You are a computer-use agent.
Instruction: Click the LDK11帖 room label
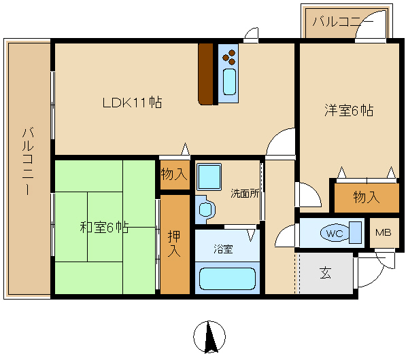[132, 103]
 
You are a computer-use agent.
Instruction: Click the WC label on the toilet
[334, 233]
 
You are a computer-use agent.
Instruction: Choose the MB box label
[384, 233]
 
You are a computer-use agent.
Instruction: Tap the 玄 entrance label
[326, 274]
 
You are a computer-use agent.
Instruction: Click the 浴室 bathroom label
[224, 249]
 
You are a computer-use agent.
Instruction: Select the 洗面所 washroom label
[244, 193]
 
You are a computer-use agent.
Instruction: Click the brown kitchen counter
[206, 73]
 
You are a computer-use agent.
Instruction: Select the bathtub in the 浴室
[228, 279]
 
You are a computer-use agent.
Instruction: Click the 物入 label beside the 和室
[173, 174]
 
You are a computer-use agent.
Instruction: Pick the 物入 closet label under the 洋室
[366, 197]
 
